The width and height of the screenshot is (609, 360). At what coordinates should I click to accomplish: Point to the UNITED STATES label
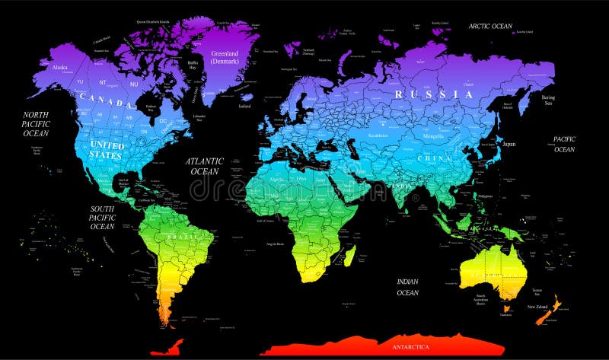coord(107,148)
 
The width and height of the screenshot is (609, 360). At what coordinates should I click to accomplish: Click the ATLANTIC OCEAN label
coord(206,166)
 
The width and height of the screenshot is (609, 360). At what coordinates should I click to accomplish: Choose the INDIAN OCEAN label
coord(407,287)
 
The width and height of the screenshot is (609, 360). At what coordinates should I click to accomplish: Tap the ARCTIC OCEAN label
coord(490,26)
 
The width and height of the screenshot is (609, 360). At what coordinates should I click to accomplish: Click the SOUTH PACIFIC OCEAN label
coord(102,217)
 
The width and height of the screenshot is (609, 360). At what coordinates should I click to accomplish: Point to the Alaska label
coord(59,67)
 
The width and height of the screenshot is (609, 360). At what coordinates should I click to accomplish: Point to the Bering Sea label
coord(549,101)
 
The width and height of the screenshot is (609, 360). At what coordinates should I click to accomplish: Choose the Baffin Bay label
coord(193,66)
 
